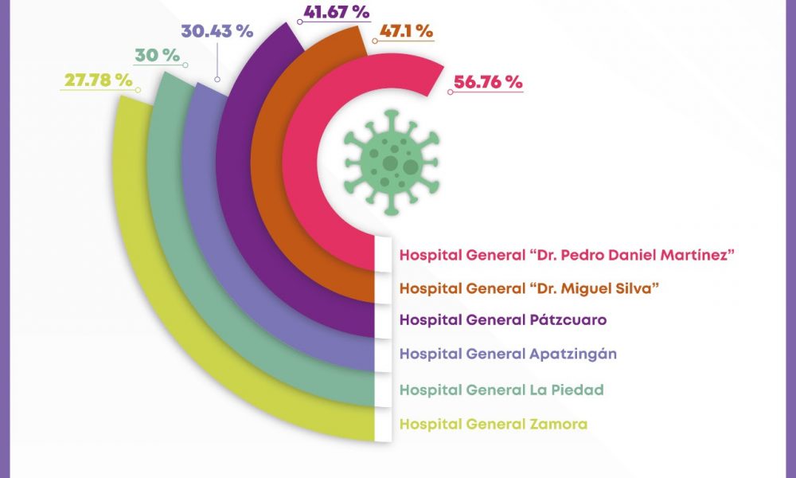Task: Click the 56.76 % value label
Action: pyautogui.click(x=488, y=82)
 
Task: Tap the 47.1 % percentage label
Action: pyautogui.click(x=407, y=32)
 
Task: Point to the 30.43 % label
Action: pyautogui.click(x=217, y=32)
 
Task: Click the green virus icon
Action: pyautogui.click(x=391, y=162)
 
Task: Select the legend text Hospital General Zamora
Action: pyautogui.click(x=494, y=424)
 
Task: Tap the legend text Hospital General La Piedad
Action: pyautogui.click(x=501, y=390)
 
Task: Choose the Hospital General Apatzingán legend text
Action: pyautogui.click(x=508, y=354)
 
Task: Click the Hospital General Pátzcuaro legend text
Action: pyautogui.click(x=503, y=319)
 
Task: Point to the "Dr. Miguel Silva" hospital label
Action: pyautogui.click(x=532, y=288)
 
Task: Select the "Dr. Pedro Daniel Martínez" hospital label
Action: pyautogui.click(x=566, y=255)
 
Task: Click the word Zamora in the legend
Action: pyautogui.click(x=558, y=424)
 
